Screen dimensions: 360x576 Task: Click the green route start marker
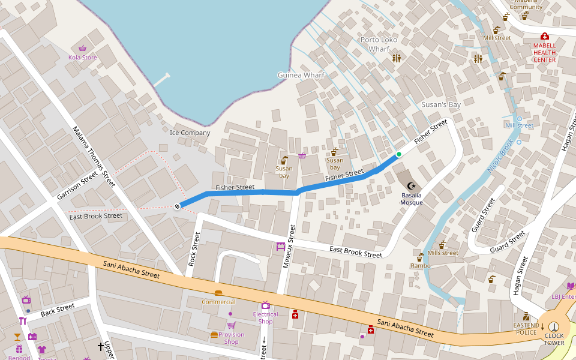pyautogui.click(x=398, y=154)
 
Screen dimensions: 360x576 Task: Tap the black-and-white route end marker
pyautogui.click(x=178, y=206)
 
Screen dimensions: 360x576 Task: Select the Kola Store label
pyautogui.click(x=83, y=58)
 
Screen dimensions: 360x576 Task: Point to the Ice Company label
pyautogui.click(x=190, y=133)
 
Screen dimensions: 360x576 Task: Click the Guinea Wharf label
pyautogui.click(x=301, y=75)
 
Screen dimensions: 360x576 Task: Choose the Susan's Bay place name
pyautogui.click(x=440, y=105)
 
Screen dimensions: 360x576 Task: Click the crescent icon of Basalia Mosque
pyautogui.click(x=411, y=186)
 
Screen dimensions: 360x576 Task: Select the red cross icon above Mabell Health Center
pyautogui.click(x=544, y=36)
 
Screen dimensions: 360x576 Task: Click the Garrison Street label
pyautogui.click(x=77, y=186)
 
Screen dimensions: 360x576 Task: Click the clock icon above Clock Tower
pyautogui.click(x=553, y=326)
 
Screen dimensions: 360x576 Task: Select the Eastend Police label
pyautogui.click(x=526, y=329)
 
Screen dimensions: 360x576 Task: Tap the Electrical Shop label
pyautogui.click(x=265, y=317)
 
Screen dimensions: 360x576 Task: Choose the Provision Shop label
pyautogui.click(x=231, y=338)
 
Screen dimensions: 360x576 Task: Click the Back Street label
pyautogui.click(x=58, y=310)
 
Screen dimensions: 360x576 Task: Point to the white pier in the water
pyautogui.click(x=161, y=80)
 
